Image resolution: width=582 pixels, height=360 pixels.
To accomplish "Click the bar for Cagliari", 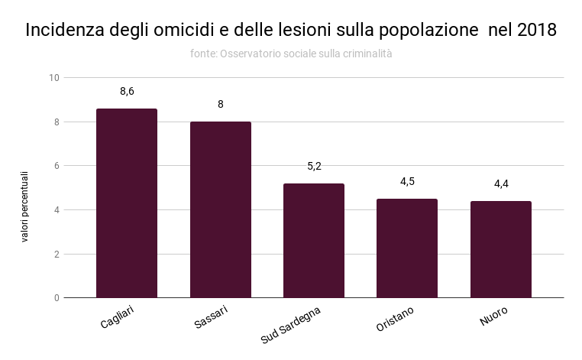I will coord(126,203).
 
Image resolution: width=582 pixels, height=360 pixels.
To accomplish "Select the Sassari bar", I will coord(220,209).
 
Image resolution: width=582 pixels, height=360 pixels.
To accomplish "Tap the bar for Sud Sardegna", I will coord(313,241).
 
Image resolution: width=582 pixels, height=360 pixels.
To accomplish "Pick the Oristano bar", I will coord(407,248).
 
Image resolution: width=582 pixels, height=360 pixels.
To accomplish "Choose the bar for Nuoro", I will coord(500,249).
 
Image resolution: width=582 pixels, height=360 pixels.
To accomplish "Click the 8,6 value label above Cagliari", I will coord(127,92).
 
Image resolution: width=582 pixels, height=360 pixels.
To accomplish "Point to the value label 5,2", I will coord(314,166).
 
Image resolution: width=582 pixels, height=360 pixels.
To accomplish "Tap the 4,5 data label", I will coord(407,182).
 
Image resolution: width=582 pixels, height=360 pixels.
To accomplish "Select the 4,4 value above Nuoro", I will coord(501,184).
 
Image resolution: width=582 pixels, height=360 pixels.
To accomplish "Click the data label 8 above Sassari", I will coord(221,105).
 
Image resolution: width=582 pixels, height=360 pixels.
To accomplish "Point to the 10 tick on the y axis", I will coord(53,78).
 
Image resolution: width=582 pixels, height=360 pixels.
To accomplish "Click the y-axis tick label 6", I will coord(56,166).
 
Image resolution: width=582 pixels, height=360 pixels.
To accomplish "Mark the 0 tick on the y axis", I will coord(56,298).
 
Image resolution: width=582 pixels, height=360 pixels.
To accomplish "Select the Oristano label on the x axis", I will coord(396,320).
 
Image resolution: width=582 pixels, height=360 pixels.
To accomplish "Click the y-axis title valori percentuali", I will coord(24,206).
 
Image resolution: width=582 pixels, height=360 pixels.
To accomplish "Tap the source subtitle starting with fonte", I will coord(291,54).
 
